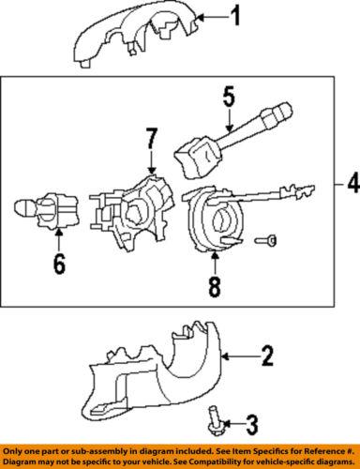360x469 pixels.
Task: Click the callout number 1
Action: (236, 15)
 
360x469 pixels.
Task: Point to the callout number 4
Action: (352, 186)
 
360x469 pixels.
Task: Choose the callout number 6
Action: (58, 265)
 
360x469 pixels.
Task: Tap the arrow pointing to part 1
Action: (212, 16)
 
